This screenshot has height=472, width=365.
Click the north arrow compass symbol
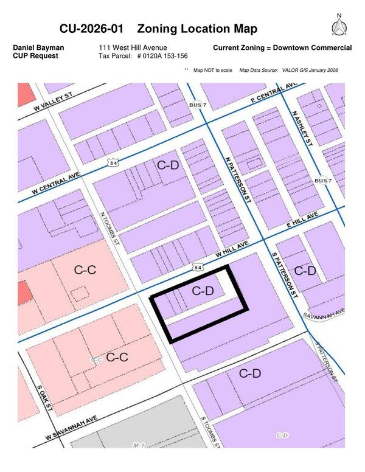pos(339,26)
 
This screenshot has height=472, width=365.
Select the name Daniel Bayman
pos(38,47)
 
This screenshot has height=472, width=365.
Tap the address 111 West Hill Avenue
pos(133,47)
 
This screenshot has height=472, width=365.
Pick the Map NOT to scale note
pos(212,71)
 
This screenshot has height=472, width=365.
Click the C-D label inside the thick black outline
pos(203,291)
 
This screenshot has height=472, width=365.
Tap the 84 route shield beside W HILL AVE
pos(197,266)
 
